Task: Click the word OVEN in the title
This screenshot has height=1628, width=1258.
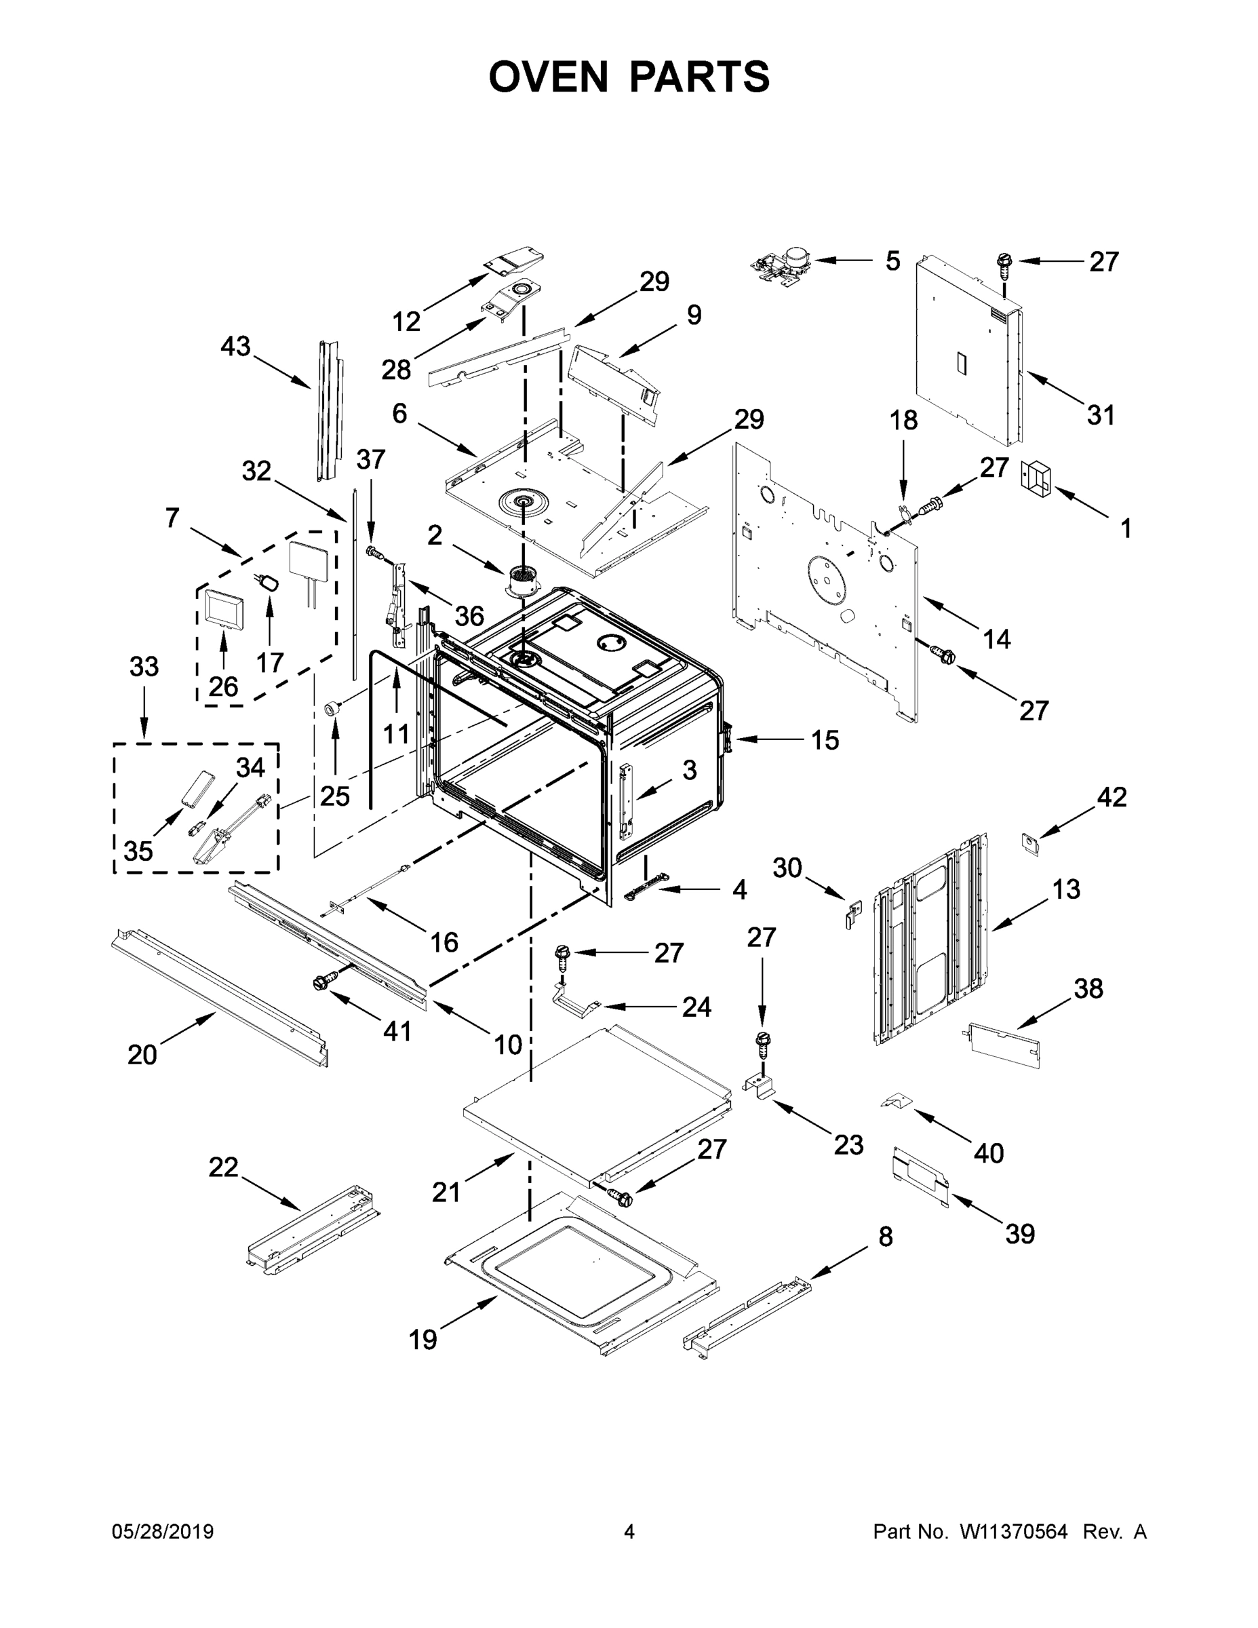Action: [548, 77]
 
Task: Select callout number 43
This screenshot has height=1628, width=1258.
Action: [235, 347]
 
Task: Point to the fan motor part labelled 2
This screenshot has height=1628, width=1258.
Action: [523, 581]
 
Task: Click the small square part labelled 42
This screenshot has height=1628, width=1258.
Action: [1031, 844]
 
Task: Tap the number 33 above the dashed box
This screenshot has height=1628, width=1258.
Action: [144, 666]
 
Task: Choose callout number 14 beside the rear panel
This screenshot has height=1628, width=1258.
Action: [996, 639]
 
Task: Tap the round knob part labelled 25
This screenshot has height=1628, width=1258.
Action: [332, 709]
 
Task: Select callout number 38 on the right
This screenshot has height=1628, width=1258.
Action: [1088, 988]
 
